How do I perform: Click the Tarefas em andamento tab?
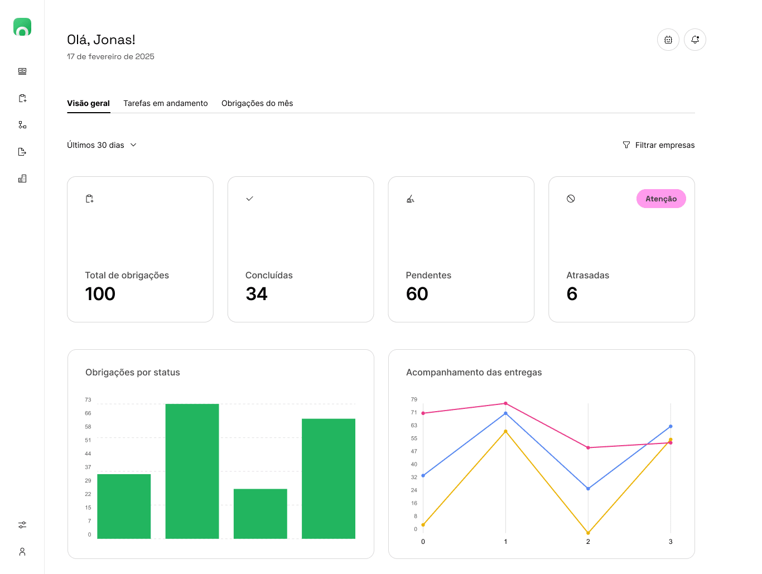pos(165,103)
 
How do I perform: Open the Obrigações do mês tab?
pos(257,103)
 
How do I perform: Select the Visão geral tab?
pos(88,103)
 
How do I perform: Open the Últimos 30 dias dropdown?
pos(102,145)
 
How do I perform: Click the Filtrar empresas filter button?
pos(658,145)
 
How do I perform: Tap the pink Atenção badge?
pos(661,199)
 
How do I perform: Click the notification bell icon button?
pos(695,40)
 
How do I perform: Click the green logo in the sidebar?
pos(22,27)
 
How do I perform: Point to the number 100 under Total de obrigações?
pos(100,294)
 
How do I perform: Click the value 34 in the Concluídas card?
pos(257,294)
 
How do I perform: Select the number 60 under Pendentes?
pos(417,294)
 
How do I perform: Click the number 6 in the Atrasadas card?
pos(572,294)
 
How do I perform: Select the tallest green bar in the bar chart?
pos(192,471)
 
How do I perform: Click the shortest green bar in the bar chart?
pos(260,514)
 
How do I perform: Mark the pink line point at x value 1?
pos(505,403)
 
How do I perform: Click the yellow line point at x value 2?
pos(588,533)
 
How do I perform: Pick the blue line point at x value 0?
pos(423,476)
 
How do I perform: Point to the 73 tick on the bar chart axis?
pos(88,400)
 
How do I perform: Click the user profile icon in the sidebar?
pos(22,552)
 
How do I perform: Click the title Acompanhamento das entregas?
pos(474,373)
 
